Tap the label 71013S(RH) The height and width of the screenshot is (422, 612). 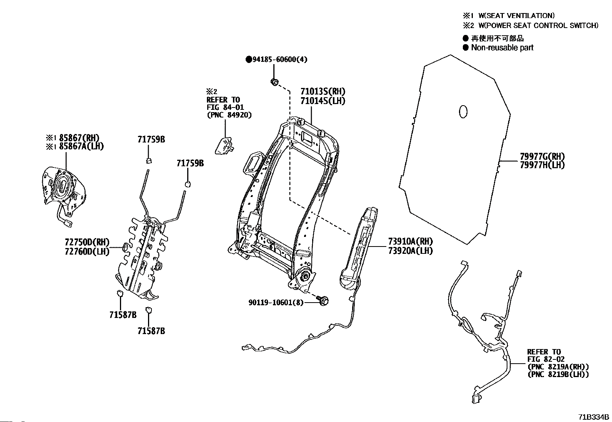click(323, 92)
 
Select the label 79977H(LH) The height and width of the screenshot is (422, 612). click(542, 165)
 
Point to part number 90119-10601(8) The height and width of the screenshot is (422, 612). click(276, 303)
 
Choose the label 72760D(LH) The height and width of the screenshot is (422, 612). click(87, 252)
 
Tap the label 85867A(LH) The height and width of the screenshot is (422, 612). click(80, 146)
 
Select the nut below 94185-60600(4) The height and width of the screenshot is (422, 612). click(274, 82)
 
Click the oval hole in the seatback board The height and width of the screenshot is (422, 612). click(463, 111)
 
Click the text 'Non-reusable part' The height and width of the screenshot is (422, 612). click(502, 48)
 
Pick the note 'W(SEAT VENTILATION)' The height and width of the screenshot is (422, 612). click(516, 16)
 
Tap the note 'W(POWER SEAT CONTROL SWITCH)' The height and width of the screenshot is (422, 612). click(538, 26)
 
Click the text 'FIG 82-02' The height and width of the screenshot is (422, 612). click(545, 359)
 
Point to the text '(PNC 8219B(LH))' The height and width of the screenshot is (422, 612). click(558, 374)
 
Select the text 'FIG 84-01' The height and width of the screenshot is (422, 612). click(225, 107)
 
